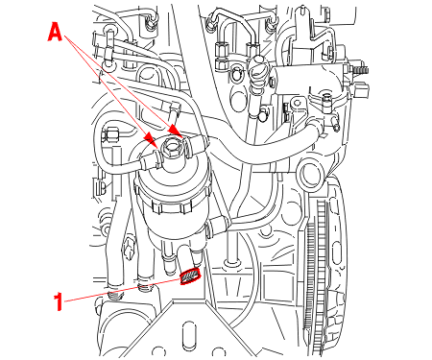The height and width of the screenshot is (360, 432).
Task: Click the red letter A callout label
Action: coord(55,34)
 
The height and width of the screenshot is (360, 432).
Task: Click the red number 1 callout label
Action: coord(58,301)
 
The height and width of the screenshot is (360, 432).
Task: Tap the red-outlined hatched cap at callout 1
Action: coord(190,276)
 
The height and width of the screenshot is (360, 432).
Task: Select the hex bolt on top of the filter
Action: coord(172,149)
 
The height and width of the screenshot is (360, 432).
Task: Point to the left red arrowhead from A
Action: coord(150,139)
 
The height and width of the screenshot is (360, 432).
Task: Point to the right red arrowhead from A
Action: coord(175,131)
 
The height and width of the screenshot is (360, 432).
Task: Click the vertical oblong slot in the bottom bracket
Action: coord(189,335)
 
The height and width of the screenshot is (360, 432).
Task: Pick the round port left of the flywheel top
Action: coord(309,177)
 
